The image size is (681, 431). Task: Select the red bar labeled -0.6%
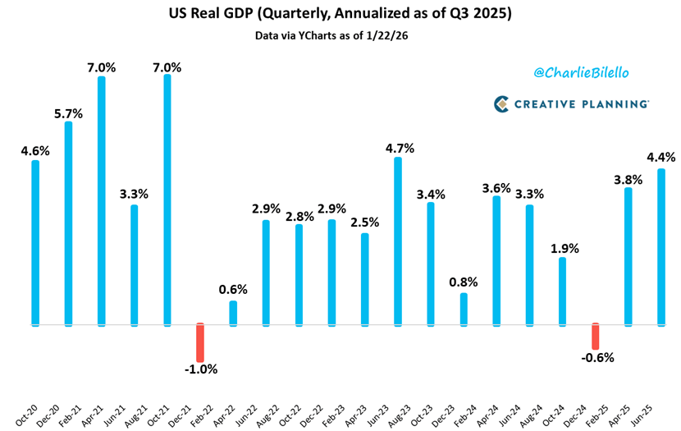[596, 335]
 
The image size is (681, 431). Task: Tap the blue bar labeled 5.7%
[68, 222]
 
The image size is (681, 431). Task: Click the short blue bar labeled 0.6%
[233, 313]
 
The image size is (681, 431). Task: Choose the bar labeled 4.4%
[661, 246]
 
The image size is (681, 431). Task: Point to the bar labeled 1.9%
[562, 291]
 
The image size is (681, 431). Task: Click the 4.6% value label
[35, 150]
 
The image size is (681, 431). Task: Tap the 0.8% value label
[464, 282]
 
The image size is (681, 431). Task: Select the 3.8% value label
[628, 178]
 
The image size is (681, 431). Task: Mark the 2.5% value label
[364, 223]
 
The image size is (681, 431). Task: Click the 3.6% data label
[496, 187]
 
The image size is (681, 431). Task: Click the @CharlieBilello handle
[582, 73]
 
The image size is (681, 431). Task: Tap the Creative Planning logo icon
[503, 103]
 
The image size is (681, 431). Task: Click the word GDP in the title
[281, 15]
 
